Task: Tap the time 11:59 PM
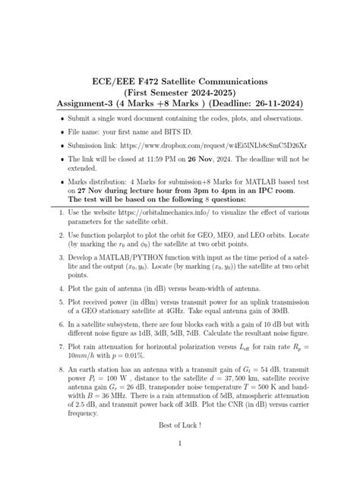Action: (169, 162)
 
